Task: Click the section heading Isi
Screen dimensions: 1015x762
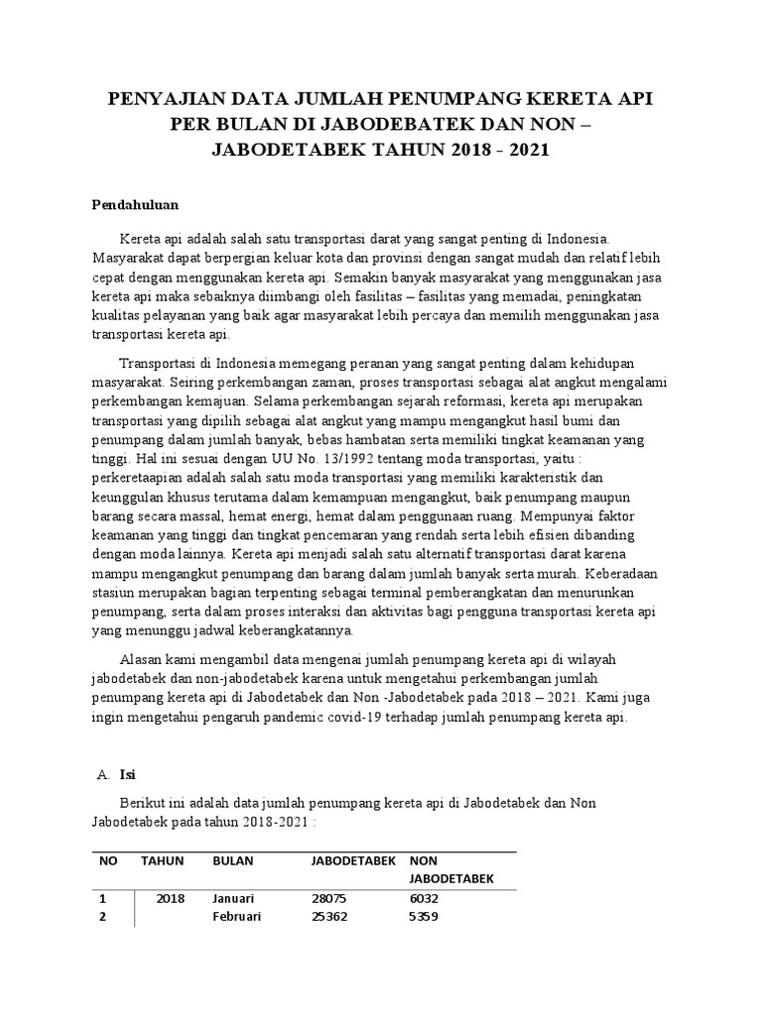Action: pyautogui.click(x=127, y=774)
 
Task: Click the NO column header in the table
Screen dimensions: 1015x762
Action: pyautogui.click(x=109, y=860)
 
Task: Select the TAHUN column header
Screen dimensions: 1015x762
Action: pyautogui.click(x=163, y=860)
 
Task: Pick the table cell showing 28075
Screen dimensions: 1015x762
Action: pyautogui.click(x=329, y=898)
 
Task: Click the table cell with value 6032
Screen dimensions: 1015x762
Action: pyautogui.click(x=425, y=898)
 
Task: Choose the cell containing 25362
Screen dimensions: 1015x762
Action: pyautogui.click(x=329, y=917)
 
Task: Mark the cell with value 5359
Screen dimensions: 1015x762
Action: pyautogui.click(x=425, y=917)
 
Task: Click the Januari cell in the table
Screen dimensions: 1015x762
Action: pyautogui.click(x=233, y=898)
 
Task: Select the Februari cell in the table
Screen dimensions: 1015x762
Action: pyautogui.click(x=236, y=917)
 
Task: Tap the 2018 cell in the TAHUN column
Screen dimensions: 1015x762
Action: pyautogui.click(x=171, y=898)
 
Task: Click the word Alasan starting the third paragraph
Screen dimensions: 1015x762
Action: pyautogui.click(x=142, y=659)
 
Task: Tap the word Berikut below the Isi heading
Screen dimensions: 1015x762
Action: pyautogui.click(x=145, y=804)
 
